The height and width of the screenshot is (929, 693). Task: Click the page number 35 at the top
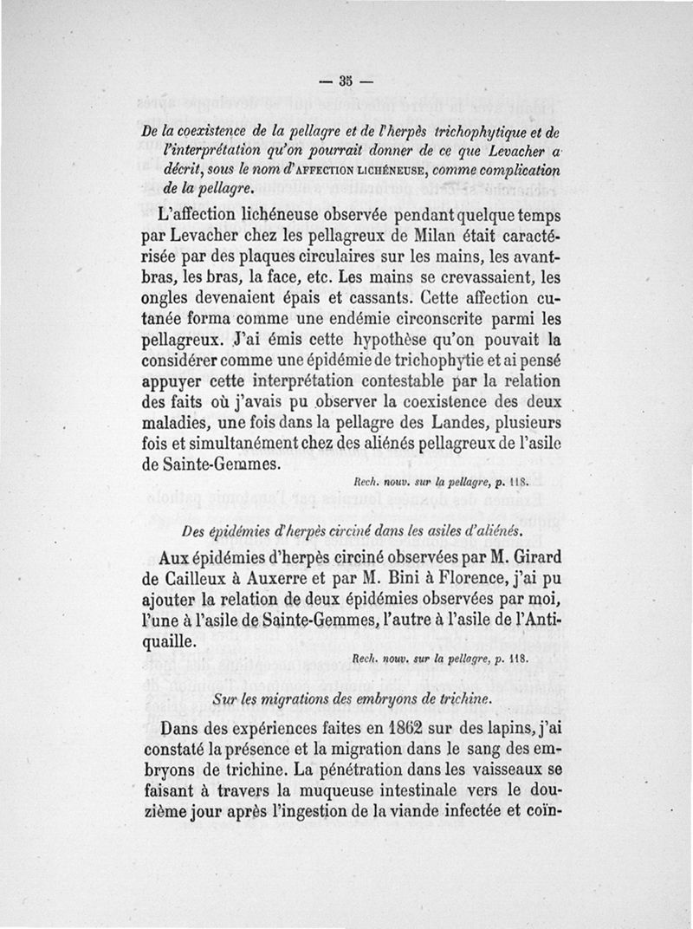click(x=346, y=83)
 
